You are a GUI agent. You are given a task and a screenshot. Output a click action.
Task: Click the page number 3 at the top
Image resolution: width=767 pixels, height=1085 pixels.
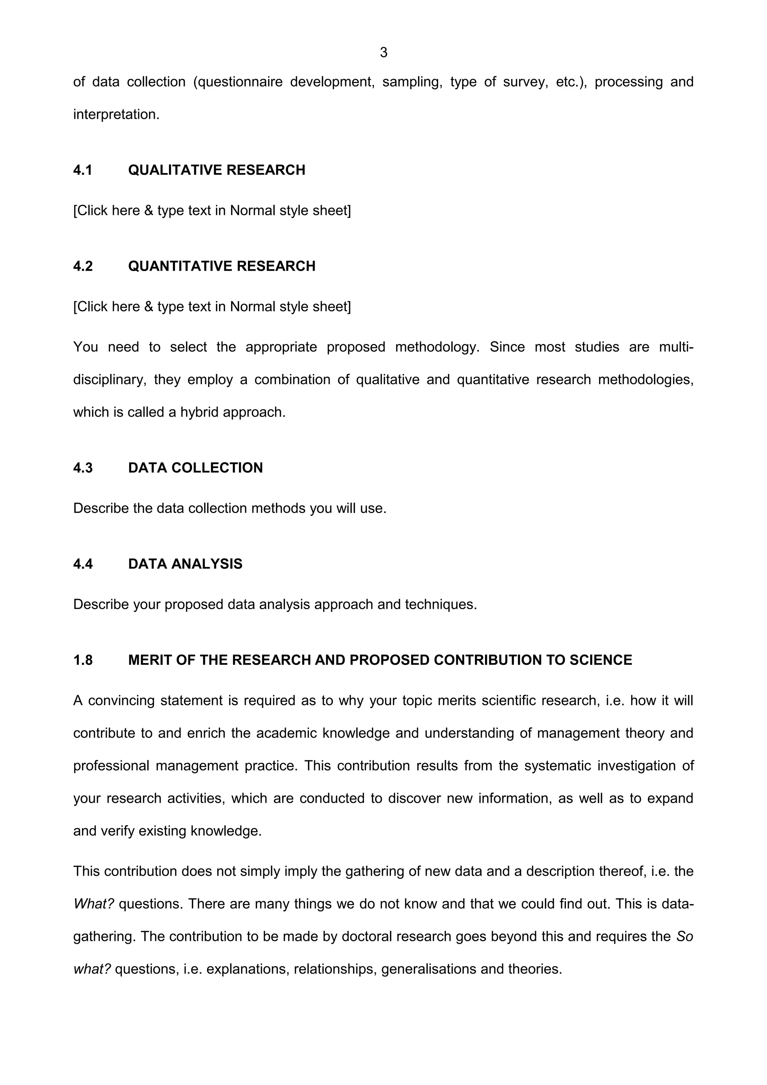(383, 52)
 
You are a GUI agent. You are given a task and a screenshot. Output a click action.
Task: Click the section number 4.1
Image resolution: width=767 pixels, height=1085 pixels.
(83, 170)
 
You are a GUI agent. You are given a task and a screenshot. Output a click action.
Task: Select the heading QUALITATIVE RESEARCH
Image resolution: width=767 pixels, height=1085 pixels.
(216, 170)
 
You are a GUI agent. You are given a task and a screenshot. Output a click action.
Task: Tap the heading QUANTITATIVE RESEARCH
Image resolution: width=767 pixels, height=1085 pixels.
(222, 267)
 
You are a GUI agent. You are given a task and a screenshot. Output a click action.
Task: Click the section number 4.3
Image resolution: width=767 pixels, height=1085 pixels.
(83, 468)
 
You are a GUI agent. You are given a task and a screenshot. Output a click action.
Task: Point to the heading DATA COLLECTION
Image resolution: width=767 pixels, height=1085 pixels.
(195, 468)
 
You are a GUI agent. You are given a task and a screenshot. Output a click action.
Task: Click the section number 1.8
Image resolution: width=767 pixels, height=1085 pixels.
(83, 660)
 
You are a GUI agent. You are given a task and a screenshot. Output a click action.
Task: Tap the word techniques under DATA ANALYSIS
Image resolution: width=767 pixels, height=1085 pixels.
(440, 604)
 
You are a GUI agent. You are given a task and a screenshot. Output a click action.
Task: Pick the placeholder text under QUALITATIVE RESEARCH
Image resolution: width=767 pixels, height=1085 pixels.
(212, 211)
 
